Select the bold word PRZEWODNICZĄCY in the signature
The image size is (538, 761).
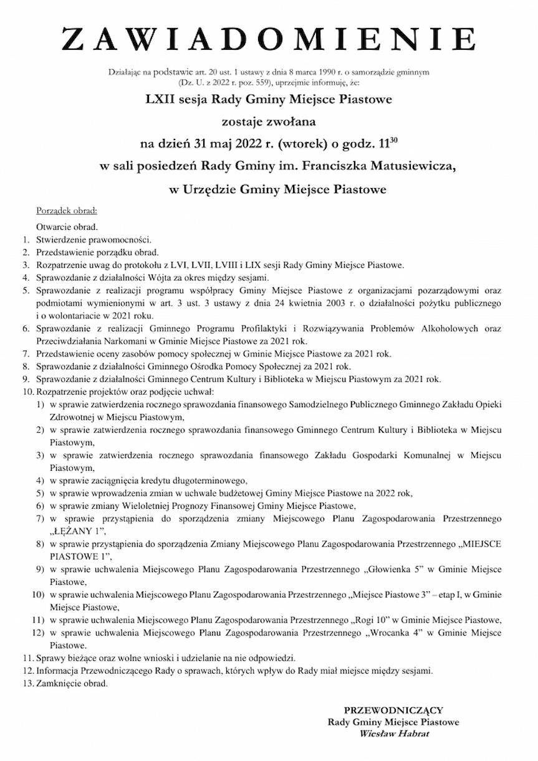pyautogui.click(x=393, y=709)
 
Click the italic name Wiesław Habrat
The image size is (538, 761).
pyautogui.click(x=394, y=734)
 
